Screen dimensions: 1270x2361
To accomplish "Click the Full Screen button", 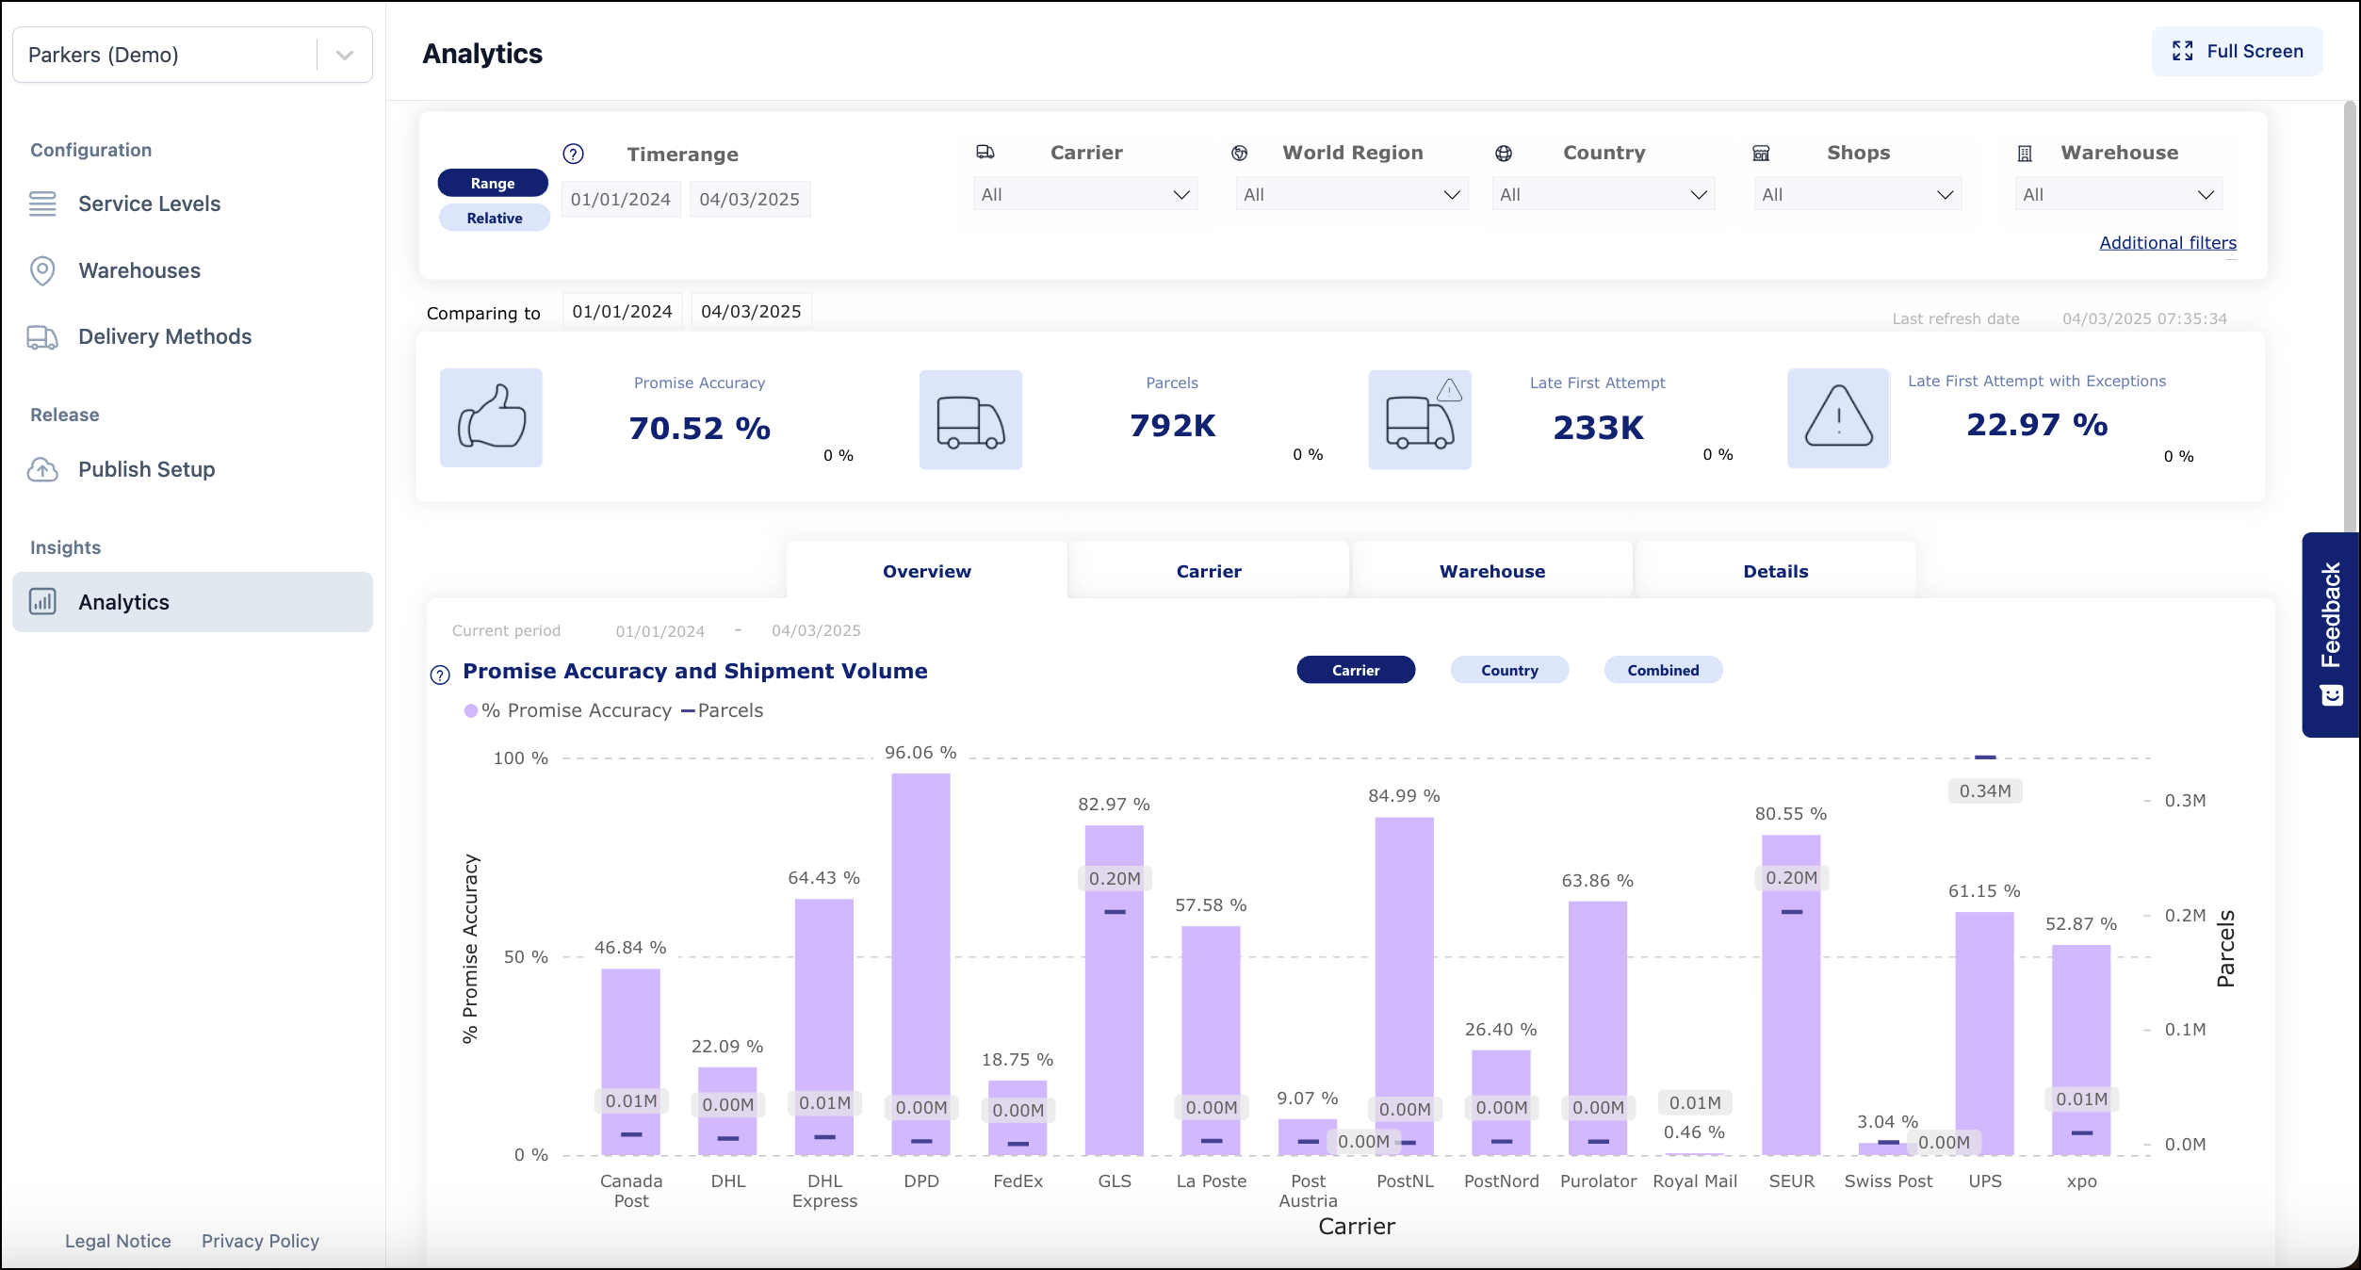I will coord(2237,52).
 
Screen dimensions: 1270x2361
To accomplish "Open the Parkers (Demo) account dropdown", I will coord(192,55).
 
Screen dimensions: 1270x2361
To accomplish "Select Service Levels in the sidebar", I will coord(149,204).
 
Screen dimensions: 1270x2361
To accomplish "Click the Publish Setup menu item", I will coord(146,469).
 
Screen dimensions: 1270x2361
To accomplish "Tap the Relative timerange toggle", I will coord(494,218).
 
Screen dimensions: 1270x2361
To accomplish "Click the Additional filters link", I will coord(2167,242).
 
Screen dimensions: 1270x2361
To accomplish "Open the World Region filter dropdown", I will coord(1351,194).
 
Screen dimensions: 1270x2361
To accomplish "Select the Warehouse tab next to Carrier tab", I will coord(1491,571).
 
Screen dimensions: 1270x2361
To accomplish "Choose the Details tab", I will coord(1775,571).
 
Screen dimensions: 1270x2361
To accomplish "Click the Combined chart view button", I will coord(1663,670).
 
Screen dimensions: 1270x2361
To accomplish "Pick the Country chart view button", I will coord(1508,670).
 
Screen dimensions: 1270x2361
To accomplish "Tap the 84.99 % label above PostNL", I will coord(1404,796).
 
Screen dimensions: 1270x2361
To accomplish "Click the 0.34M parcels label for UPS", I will coord(1984,791).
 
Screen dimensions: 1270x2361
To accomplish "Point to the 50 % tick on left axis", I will coord(526,957).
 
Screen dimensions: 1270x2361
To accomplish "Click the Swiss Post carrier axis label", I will coord(1887,1181).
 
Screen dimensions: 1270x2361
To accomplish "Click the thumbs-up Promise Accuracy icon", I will coord(491,418).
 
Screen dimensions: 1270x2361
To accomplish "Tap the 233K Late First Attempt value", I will coord(1598,428).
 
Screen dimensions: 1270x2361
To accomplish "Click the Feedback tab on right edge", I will coord(2330,633).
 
